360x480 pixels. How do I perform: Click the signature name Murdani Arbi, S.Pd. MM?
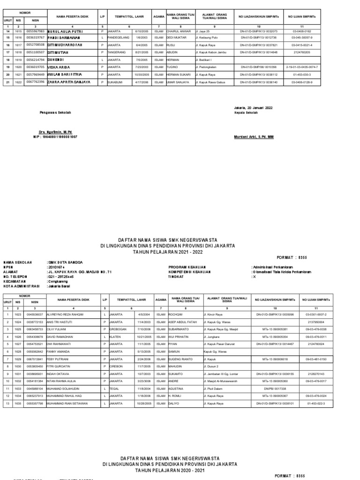[254, 137]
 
